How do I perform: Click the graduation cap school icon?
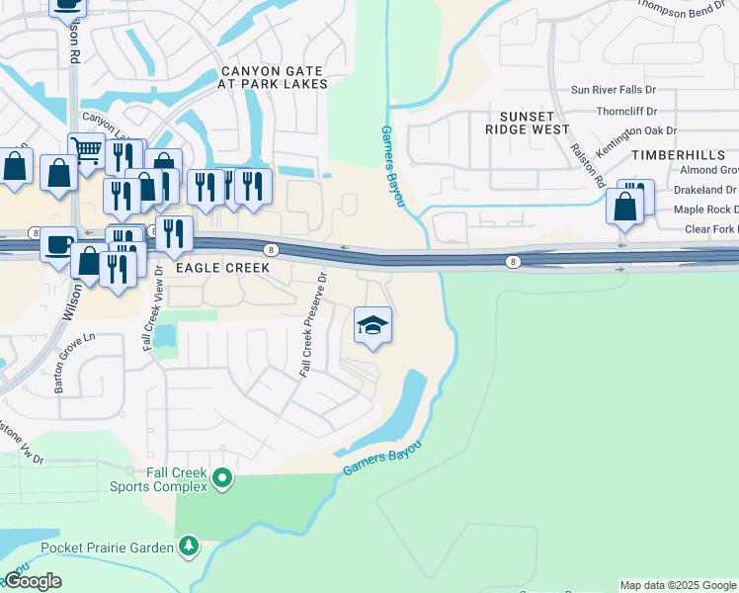click(x=372, y=326)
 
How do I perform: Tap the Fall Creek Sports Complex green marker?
click(x=223, y=479)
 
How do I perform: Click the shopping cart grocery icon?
click(x=87, y=151)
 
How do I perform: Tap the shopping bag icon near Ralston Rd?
click(x=624, y=207)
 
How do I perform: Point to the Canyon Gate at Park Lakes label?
click(x=274, y=78)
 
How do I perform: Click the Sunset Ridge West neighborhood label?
click(x=528, y=123)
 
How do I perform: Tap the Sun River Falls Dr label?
click(x=626, y=90)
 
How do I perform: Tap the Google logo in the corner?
click(x=32, y=581)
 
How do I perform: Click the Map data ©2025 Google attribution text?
click(x=677, y=585)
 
